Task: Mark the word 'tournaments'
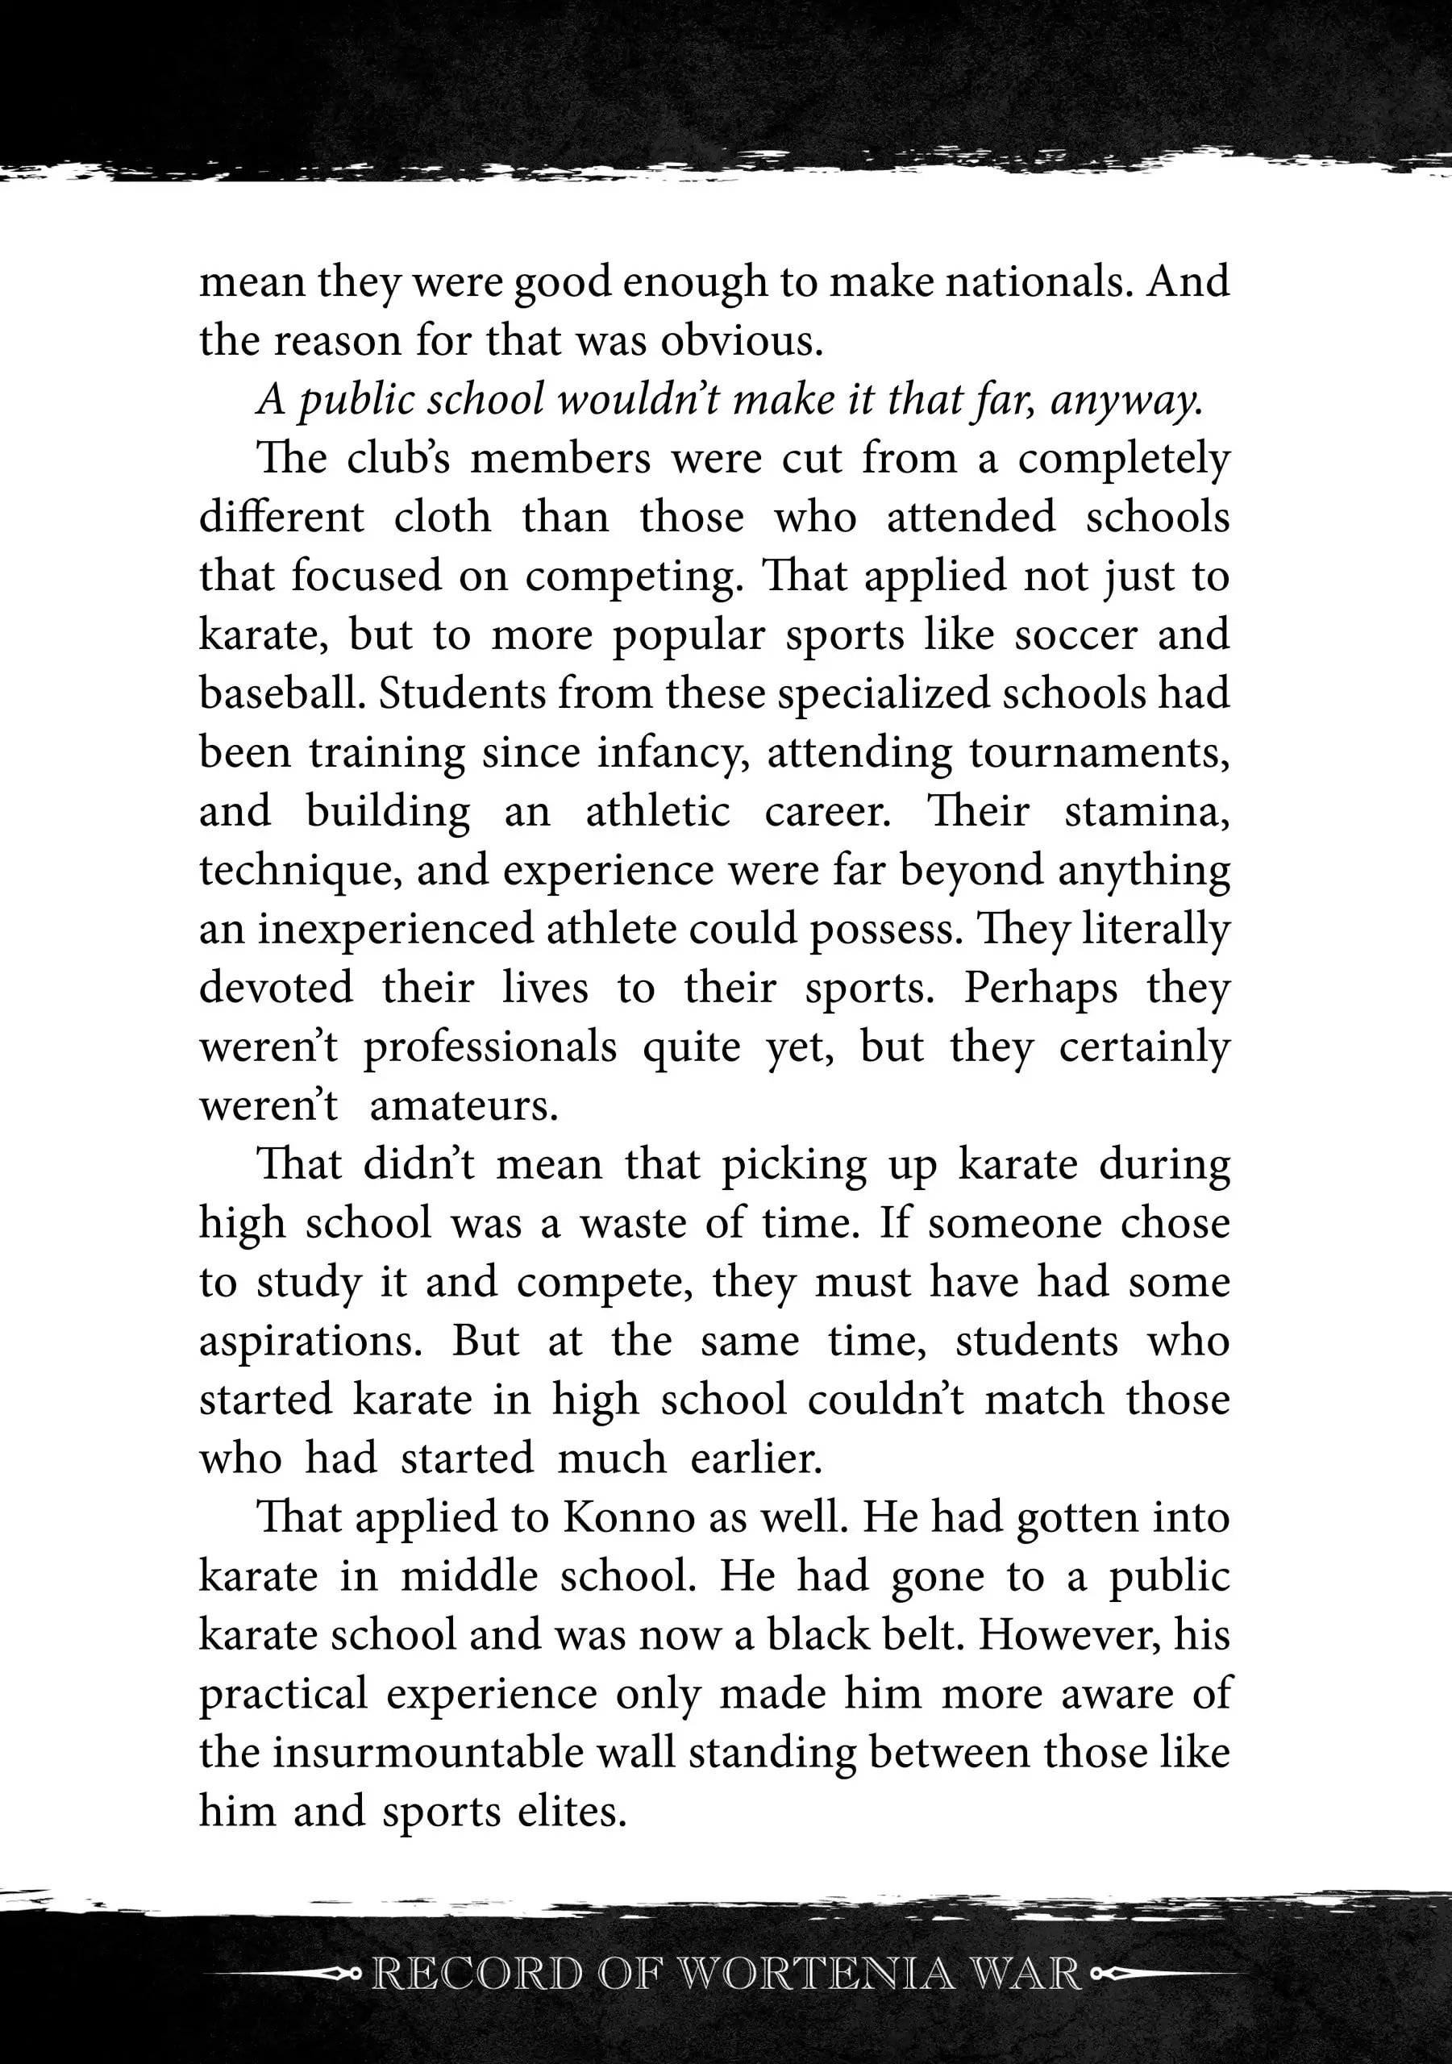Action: tap(1099, 753)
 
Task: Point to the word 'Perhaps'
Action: tap(1041, 988)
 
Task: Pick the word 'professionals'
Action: tap(490, 1047)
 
